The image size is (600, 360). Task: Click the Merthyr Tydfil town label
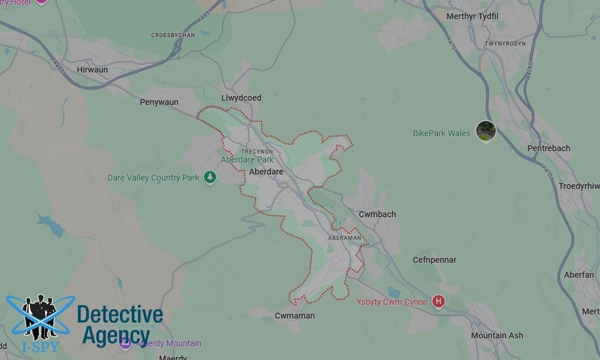tap(472, 16)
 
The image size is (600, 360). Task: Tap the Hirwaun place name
tap(92, 70)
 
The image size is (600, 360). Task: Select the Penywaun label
tap(159, 103)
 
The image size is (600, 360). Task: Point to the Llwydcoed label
tap(241, 98)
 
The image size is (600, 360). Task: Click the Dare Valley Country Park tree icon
tap(209, 178)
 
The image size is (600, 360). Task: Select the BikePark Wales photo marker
tap(485, 130)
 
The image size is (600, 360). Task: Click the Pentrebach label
tap(548, 148)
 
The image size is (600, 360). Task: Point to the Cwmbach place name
tap(377, 214)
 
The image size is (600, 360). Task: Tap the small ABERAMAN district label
tap(345, 238)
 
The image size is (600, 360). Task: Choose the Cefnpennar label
tap(434, 260)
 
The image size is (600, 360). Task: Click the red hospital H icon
tap(439, 301)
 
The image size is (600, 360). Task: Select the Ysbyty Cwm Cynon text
tap(392, 302)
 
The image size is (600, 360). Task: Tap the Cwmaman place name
tap(295, 316)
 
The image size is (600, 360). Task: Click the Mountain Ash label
tap(497, 335)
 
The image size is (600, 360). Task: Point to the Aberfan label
tap(579, 275)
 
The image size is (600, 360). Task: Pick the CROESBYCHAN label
tap(173, 35)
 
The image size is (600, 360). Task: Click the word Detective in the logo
tap(119, 315)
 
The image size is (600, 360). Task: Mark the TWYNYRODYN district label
tap(505, 44)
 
